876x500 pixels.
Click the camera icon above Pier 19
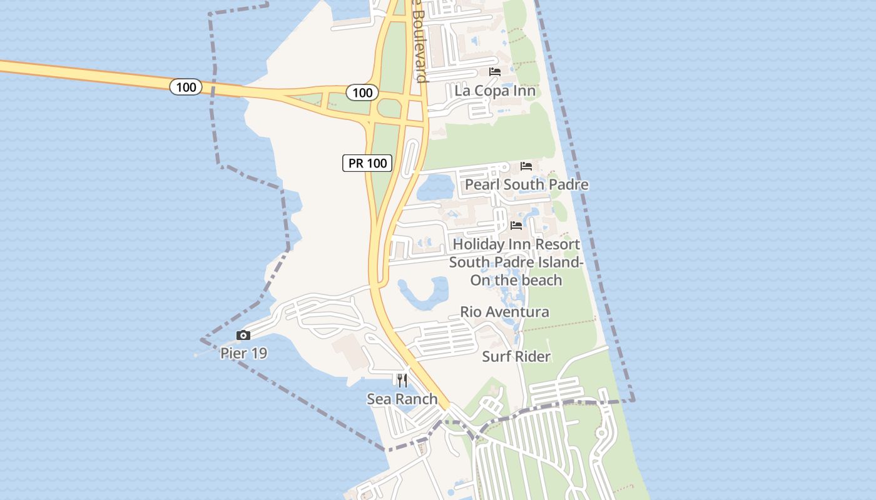click(x=243, y=336)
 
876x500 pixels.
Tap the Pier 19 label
click(x=243, y=353)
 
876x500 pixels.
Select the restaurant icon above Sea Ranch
click(x=402, y=380)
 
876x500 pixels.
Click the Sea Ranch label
click(x=402, y=399)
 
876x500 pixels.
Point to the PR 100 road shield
click(x=367, y=163)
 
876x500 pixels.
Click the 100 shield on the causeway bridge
click(x=186, y=87)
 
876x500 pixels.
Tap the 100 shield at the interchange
click(x=362, y=93)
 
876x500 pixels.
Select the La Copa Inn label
click(x=495, y=91)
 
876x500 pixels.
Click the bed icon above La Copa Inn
click(x=495, y=72)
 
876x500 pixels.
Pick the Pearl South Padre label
click(x=526, y=184)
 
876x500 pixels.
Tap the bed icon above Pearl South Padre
click(x=526, y=166)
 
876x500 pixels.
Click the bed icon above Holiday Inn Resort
click(x=516, y=225)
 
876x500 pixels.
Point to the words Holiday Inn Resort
click(x=516, y=244)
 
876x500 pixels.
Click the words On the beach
click(x=516, y=280)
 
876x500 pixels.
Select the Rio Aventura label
click(x=504, y=311)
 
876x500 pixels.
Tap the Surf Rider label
click(x=516, y=356)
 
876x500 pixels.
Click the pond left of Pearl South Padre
click(x=435, y=186)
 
